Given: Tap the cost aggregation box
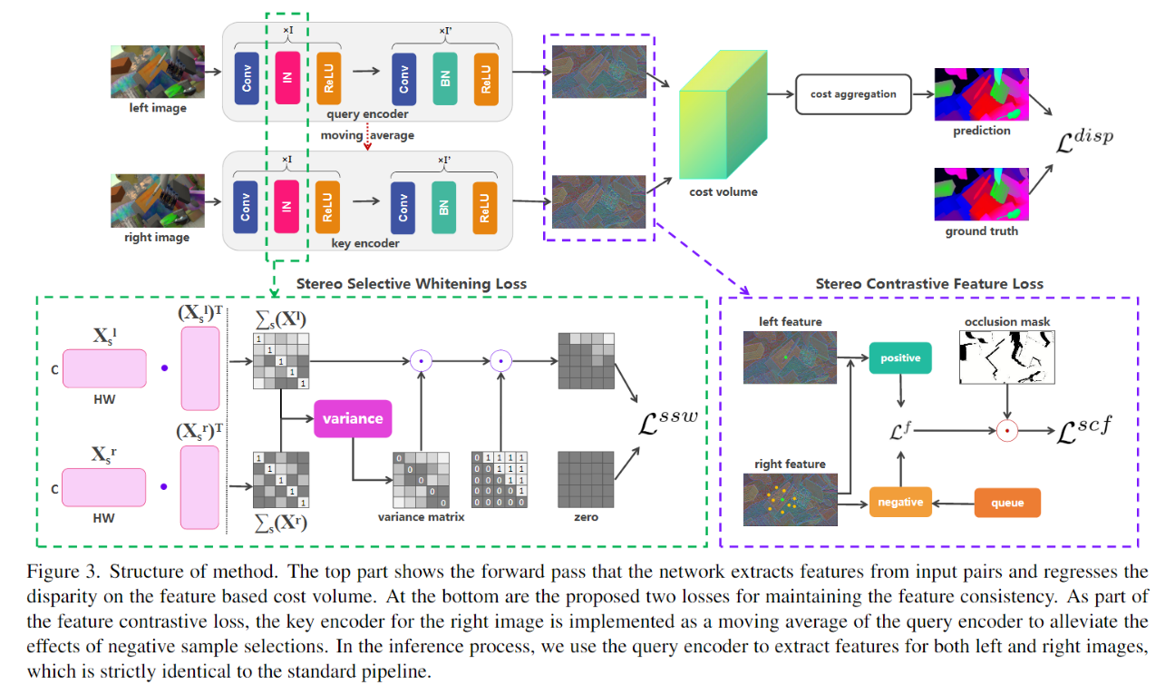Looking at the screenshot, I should (852, 94).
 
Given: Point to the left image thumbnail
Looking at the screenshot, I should (157, 73).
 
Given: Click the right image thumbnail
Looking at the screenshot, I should (157, 201).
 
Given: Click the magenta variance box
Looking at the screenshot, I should (353, 418).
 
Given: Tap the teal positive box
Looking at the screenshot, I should (899, 358).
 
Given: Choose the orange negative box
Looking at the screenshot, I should (899, 502).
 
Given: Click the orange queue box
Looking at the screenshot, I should (1006, 503).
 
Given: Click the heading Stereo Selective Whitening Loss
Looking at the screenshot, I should (411, 284).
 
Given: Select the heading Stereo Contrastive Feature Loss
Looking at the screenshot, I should (929, 284).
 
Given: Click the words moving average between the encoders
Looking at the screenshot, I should (367, 135).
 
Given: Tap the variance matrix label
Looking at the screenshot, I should (421, 517).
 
